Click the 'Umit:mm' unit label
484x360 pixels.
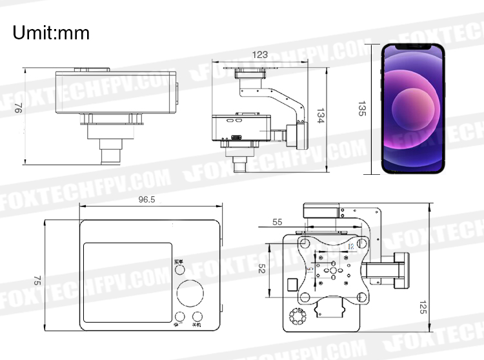coord(51,32)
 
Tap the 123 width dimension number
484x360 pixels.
coord(259,55)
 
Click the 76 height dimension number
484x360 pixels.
coord(18,110)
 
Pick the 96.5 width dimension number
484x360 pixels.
coord(146,199)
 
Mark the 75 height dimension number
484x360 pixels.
coord(37,281)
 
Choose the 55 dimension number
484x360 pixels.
coord(277,221)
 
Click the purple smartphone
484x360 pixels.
coord(413,108)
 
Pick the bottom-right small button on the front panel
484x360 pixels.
coord(197,317)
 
